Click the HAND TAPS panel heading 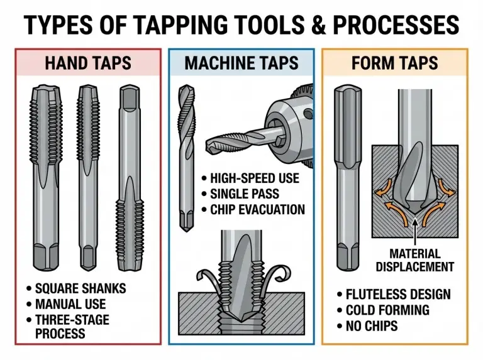88,63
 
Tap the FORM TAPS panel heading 394,63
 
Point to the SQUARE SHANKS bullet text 80,289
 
